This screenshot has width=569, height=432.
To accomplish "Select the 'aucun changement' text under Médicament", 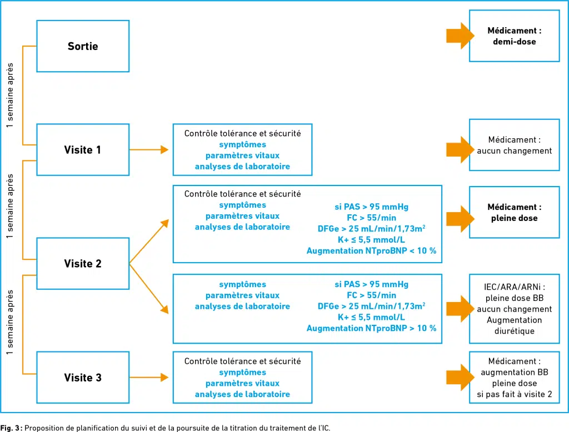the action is coord(514,151).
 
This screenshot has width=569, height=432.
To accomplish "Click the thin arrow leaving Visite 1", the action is coord(149,149).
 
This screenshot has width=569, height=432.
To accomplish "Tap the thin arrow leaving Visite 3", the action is coord(149,377).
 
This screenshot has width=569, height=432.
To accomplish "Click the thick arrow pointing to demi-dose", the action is coord(460,36).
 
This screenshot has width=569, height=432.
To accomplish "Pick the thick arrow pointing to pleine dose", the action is coord(460,219).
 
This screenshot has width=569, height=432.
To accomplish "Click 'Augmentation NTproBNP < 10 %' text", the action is coord(371,250).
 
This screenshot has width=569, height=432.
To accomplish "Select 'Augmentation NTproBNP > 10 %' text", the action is coord(371,328).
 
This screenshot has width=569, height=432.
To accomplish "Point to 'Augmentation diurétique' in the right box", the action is coord(514,325).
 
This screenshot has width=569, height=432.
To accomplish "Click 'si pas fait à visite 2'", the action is coord(514,394).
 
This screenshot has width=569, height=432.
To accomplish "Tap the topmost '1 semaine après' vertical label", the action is coord(10,95).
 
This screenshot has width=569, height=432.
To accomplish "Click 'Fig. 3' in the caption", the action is coord(11,428).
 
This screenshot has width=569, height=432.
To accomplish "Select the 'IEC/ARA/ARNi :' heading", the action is coord(514,287).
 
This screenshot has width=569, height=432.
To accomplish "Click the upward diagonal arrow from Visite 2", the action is coord(149,241).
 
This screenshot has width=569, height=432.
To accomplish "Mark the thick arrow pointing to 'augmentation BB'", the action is coord(460,377).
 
